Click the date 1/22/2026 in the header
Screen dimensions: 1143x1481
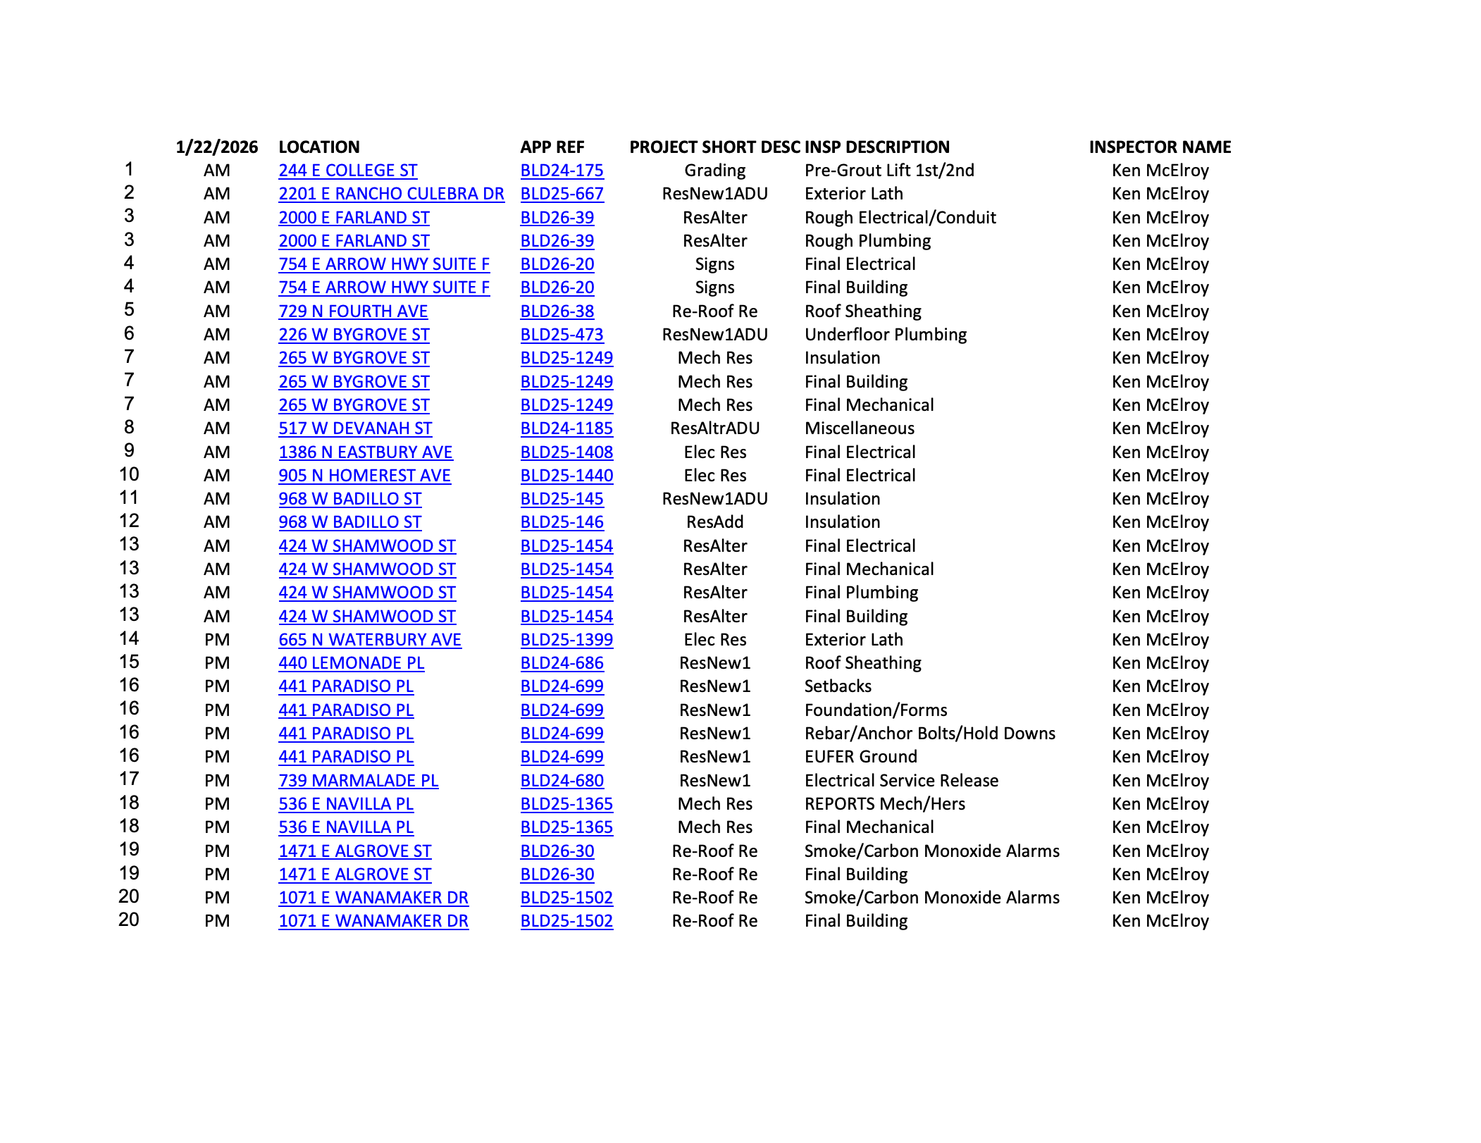pos(216,147)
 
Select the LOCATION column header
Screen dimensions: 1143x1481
pos(318,147)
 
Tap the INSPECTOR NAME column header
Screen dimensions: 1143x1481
pos(1159,147)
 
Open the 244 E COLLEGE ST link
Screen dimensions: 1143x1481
pos(347,171)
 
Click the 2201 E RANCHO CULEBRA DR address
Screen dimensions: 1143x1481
pos(391,194)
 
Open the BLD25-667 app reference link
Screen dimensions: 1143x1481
pos(562,194)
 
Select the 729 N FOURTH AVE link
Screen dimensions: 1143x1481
pos(353,311)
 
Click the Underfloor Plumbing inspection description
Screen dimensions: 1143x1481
pos(885,335)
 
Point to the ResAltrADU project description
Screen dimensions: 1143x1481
pos(714,428)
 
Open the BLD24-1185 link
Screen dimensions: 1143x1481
pos(566,428)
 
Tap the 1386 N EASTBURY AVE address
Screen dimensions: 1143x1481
pos(365,452)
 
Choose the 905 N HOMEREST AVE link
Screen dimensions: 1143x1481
pos(364,476)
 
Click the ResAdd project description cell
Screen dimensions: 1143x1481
pos(714,522)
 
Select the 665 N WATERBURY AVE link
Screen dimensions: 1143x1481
pos(369,640)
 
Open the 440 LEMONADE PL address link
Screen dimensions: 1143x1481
pos(351,663)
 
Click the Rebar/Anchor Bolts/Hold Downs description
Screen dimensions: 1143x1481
pos(929,734)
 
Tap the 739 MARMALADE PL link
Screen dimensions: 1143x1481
pos(358,781)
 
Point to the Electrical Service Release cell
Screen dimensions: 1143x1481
pos(901,781)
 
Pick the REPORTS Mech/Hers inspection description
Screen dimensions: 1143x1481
pos(884,804)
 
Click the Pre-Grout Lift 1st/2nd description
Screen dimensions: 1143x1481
pos(889,171)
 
